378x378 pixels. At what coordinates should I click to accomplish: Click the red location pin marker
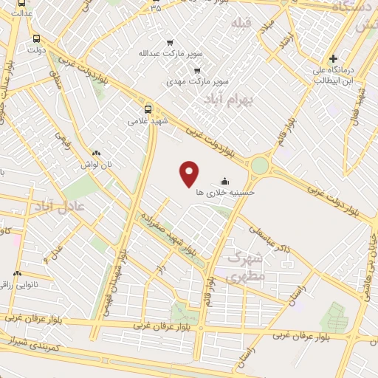[190, 173]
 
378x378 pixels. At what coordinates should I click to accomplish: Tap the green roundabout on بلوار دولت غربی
[259, 165]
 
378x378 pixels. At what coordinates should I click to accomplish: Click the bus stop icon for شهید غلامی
[148, 109]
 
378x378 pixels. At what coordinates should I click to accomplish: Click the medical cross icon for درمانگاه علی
[333, 58]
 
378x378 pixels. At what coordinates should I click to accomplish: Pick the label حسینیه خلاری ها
[226, 192]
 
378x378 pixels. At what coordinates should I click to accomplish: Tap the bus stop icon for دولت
[36, 38]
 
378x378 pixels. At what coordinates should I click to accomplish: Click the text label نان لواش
[97, 164]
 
